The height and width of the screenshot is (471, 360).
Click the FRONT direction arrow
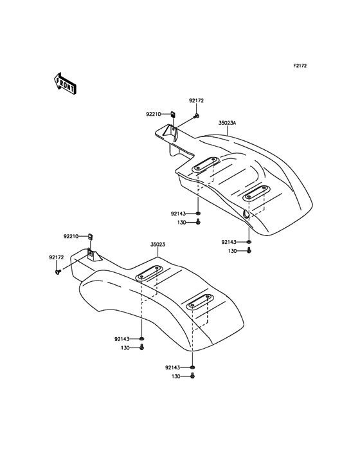tap(65, 83)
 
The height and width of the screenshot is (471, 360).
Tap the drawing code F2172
tap(300, 66)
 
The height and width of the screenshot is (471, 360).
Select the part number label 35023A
tap(227, 123)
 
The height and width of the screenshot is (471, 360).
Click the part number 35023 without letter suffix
tap(157, 245)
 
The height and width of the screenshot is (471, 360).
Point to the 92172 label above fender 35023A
tap(196, 100)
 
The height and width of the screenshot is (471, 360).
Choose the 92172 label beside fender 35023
tap(57, 257)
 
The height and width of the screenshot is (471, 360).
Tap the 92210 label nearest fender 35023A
tap(154, 114)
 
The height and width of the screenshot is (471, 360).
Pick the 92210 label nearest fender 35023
tap(71, 236)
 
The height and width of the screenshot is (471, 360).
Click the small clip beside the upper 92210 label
tap(173, 114)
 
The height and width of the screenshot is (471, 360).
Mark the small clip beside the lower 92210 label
tap(90, 237)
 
